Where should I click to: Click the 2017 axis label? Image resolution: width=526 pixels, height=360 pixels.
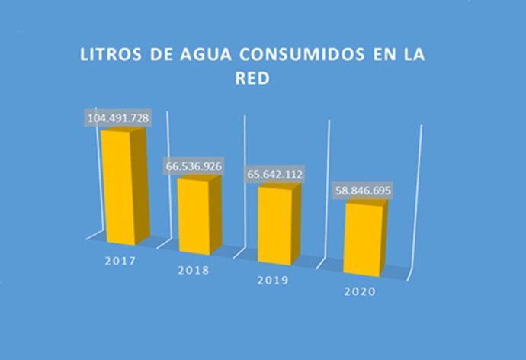coord(120,261)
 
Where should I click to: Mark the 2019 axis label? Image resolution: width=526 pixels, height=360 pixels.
coord(271,281)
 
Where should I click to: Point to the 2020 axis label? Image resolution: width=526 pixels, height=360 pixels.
coord(361,291)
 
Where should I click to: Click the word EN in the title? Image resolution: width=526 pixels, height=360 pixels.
coord(387,56)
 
